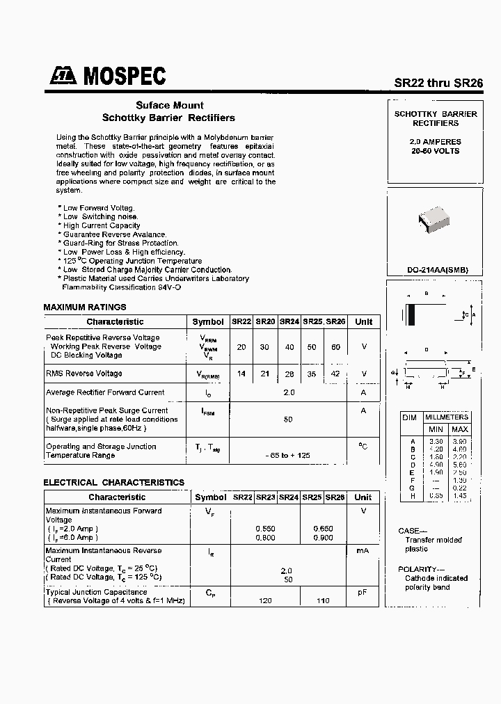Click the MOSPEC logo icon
point(63,77)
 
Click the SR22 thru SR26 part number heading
point(438,82)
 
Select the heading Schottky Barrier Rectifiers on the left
point(168,118)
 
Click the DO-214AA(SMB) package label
point(438,270)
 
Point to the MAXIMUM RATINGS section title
point(85,307)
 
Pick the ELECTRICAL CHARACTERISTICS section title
point(113,482)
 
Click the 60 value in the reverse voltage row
point(336,346)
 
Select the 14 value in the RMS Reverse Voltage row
point(241,374)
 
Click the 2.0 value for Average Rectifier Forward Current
point(289,392)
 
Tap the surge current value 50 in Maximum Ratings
point(288,419)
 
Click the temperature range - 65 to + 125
point(288,455)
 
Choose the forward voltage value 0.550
point(265,529)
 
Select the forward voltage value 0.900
point(324,538)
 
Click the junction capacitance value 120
point(265,600)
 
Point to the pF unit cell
point(363,592)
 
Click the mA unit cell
point(363,550)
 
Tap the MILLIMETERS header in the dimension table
point(447,417)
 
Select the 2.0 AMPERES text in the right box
point(435,142)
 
